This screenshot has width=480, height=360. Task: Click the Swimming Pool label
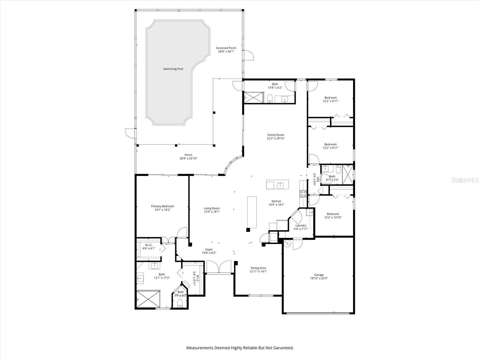(173, 69)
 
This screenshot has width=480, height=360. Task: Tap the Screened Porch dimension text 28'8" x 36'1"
(226, 52)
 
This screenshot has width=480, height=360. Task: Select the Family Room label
(275, 135)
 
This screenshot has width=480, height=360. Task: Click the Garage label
(319, 275)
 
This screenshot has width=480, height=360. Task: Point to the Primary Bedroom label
(162, 206)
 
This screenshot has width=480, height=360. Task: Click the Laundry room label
(301, 226)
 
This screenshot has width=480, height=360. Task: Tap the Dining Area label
(258, 268)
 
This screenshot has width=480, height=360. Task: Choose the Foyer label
(209, 250)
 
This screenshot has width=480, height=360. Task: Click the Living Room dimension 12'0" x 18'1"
(212, 212)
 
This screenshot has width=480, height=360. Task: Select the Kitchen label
(276, 201)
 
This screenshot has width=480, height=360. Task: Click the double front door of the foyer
(219, 267)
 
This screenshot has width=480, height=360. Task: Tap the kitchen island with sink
(277, 184)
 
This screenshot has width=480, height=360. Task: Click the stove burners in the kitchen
(303, 194)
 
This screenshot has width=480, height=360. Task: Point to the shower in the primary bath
(148, 299)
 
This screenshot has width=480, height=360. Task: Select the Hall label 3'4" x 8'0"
(314, 179)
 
